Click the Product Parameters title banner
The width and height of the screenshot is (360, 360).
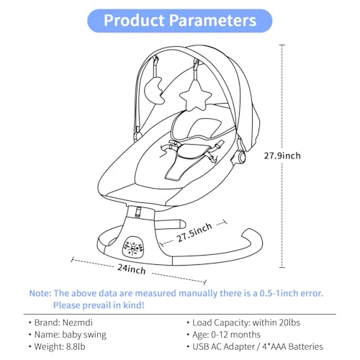point(180,21)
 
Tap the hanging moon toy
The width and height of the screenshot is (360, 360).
point(153,91)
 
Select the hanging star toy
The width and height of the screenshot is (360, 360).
point(196,96)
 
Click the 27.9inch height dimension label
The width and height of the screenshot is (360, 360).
point(282,156)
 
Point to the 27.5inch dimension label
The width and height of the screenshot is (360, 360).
point(194,233)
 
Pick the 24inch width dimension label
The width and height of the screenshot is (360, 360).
point(132,269)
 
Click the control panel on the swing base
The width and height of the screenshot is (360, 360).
point(132,248)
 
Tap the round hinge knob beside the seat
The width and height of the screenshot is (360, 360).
point(241,157)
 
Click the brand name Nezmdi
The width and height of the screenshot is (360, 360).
point(77,323)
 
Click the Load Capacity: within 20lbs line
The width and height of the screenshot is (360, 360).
point(246,323)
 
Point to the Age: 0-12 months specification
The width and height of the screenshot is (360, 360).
point(226,335)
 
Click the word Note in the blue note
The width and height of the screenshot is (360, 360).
point(40,293)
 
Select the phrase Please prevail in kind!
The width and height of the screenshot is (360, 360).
point(99,305)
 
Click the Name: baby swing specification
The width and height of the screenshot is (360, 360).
point(70,335)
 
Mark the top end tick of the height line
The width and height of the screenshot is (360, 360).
point(282,45)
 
